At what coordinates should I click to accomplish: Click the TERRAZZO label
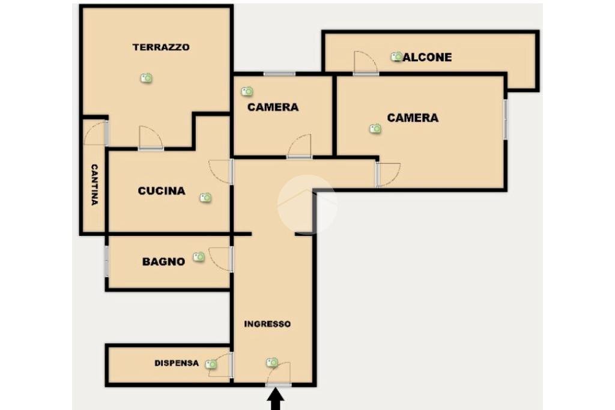[x=161, y=47]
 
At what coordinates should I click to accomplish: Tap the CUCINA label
[x=161, y=191]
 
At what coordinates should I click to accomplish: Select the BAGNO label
[x=163, y=262]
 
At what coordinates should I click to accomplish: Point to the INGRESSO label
[x=267, y=324]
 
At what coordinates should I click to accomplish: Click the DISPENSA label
[x=177, y=363]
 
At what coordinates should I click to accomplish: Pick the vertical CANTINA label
[x=94, y=185]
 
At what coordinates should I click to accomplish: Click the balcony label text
[x=429, y=58]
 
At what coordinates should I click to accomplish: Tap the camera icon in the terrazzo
[x=146, y=78]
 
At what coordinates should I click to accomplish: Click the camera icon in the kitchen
[x=205, y=197]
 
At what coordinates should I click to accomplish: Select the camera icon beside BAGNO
[x=199, y=257]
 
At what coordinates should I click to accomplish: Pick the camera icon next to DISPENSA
[x=211, y=364]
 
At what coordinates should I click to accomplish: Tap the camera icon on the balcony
[x=396, y=56]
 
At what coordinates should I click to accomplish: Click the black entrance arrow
[x=276, y=399]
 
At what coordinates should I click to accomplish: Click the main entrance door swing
[x=279, y=373]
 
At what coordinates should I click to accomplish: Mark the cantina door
[x=94, y=134]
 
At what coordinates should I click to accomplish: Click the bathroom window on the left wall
[x=106, y=262]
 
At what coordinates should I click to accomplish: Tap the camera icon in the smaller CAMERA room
[x=247, y=91]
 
